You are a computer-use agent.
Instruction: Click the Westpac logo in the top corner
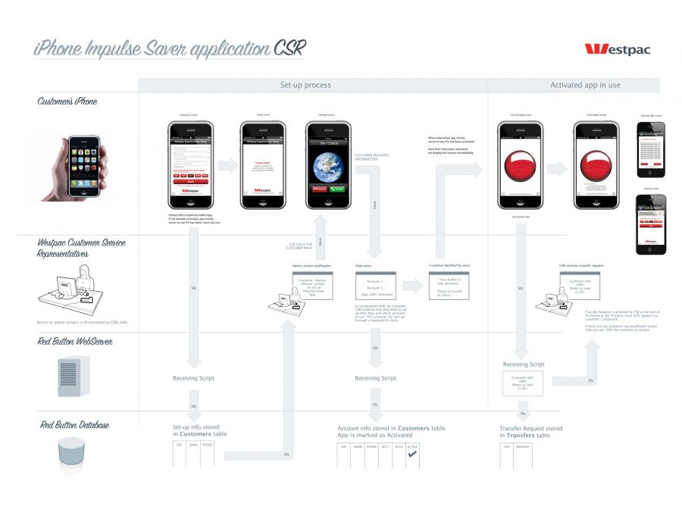click(x=617, y=49)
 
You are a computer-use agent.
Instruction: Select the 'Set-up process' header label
click(x=305, y=85)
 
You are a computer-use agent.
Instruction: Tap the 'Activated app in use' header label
click(x=584, y=85)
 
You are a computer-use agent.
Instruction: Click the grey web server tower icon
click(x=68, y=376)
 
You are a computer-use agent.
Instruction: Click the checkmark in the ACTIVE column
click(x=412, y=454)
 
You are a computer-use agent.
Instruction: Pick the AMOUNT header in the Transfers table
click(x=523, y=447)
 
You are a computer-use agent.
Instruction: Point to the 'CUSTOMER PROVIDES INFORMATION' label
click(x=371, y=157)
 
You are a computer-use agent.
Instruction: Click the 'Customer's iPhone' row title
click(x=68, y=101)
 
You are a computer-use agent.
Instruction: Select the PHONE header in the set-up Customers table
click(x=207, y=446)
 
